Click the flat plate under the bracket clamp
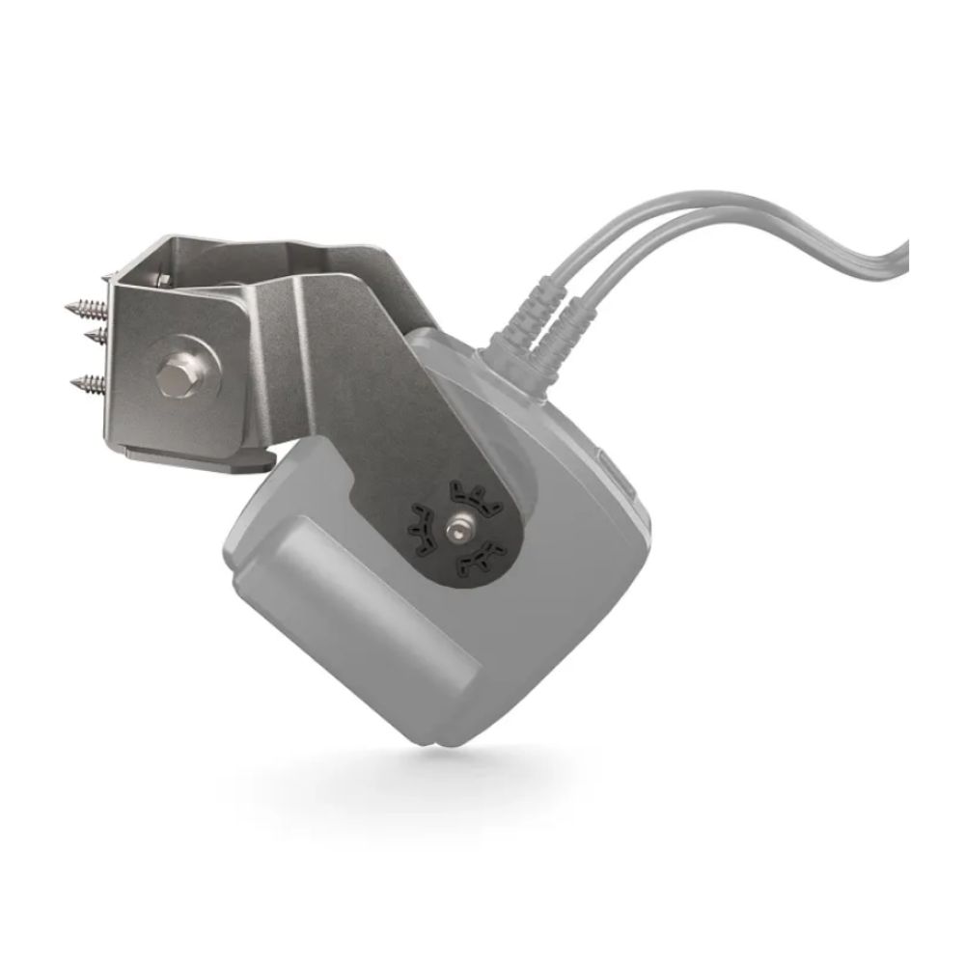point(193,459)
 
